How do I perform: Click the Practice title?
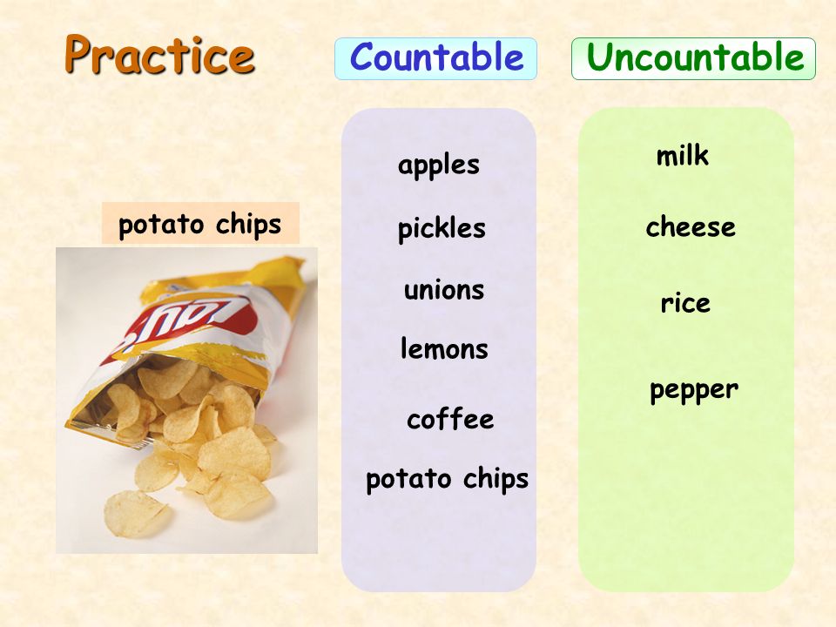click(x=159, y=54)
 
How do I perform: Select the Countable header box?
click(x=435, y=58)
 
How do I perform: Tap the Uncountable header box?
click(x=693, y=58)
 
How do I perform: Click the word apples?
click(x=438, y=165)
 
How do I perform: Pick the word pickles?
click(x=442, y=229)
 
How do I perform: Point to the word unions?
click(x=444, y=291)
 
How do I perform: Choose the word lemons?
click(x=444, y=348)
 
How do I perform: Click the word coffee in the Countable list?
click(x=450, y=419)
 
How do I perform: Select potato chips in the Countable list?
click(x=447, y=479)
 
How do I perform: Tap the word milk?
click(x=683, y=156)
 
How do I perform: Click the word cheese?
click(x=691, y=226)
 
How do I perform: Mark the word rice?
click(x=685, y=303)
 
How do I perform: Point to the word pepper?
click(x=694, y=390)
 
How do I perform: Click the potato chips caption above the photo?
click(x=200, y=224)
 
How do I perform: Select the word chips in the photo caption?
click(x=248, y=225)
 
